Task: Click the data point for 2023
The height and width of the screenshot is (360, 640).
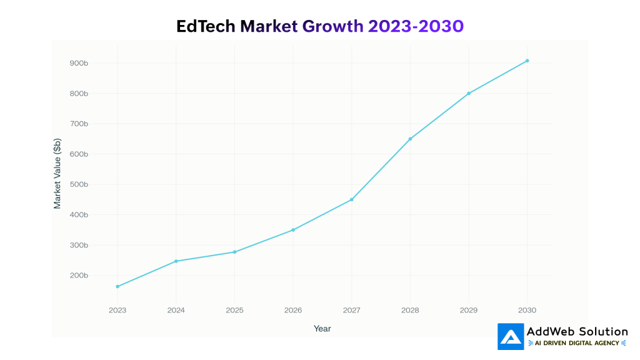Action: coord(117,286)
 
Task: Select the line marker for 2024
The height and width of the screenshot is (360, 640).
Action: coord(176,261)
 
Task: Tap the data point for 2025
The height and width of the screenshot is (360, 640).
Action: coord(234,252)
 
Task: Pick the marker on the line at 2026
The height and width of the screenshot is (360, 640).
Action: coord(293,230)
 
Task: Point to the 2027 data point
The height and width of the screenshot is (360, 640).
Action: coord(352,199)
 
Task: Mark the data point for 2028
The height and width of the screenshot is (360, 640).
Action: coord(410,139)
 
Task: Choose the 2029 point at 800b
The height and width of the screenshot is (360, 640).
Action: coord(469,93)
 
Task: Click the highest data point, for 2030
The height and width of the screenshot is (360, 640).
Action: coord(527,61)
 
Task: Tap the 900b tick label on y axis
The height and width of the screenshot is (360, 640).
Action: coord(79,63)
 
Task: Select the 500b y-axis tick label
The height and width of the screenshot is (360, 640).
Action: coord(79,184)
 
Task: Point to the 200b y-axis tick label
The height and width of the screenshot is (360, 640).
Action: coord(79,276)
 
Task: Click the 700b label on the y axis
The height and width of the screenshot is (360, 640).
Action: coord(79,124)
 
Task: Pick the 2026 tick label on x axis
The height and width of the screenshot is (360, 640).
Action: coord(293,310)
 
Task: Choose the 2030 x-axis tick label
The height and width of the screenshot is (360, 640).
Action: coord(527,310)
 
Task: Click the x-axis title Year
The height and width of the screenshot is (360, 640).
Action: coord(322,329)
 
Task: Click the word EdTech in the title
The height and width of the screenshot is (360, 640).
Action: coord(206,26)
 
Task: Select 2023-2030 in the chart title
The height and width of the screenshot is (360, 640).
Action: coord(416,26)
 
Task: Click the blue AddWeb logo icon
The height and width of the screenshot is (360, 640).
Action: coord(511,336)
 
